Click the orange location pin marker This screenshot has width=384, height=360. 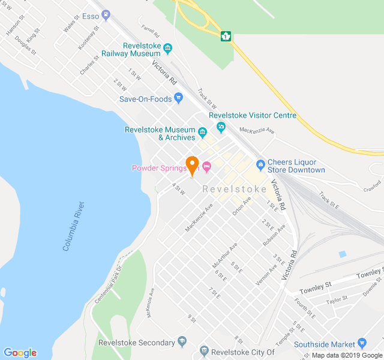click(192, 164)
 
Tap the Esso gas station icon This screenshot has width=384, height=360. click(106, 14)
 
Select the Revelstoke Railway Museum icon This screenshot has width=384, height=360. click(167, 49)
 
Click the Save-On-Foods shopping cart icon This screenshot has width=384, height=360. click(178, 98)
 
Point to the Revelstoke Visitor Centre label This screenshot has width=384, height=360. click(253, 116)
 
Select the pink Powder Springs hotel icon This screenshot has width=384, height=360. click(207, 167)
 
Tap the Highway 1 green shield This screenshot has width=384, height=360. click(226, 36)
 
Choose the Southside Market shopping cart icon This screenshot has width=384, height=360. click(362, 343)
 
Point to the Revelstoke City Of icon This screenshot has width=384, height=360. click(204, 351)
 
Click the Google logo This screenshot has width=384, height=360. click(20, 353)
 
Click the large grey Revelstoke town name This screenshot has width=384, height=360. click(235, 189)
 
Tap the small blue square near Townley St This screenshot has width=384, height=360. click(343, 254)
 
